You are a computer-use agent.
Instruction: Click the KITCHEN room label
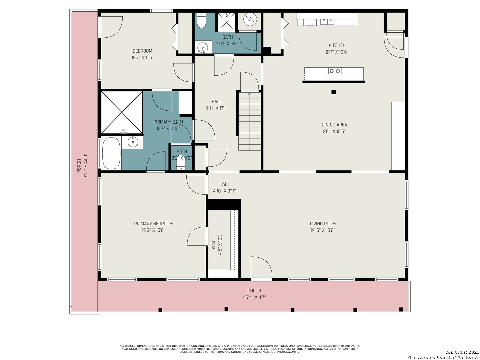point(337,45)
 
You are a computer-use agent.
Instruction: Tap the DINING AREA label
point(334,125)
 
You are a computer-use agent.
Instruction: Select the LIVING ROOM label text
point(323,224)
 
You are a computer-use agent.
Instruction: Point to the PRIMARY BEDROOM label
point(153,224)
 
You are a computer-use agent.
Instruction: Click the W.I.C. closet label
point(214,243)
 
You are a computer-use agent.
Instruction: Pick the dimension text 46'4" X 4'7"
point(254,297)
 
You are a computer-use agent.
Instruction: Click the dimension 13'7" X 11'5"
point(142,57)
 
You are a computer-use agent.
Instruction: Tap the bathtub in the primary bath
point(111,153)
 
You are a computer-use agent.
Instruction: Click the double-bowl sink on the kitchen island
point(335,71)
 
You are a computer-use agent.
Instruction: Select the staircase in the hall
point(250,121)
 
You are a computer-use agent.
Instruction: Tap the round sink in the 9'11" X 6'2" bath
point(203,47)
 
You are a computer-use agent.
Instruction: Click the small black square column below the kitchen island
point(333,92)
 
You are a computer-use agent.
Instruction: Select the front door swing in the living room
point(261,268)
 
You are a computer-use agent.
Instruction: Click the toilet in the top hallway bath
point(201,20)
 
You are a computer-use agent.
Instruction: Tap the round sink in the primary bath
point(133,142)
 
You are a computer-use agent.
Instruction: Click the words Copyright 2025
point(461,352)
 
